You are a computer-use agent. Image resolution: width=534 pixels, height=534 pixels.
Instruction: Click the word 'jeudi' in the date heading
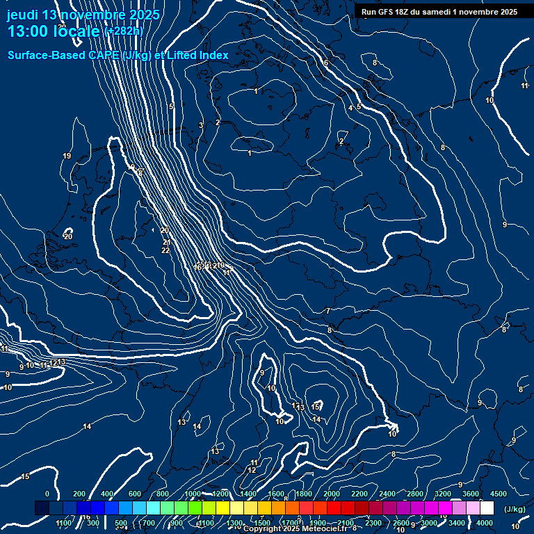(x=22, y=15)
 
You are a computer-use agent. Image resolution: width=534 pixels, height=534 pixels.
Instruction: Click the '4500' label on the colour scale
(x=499, y=494)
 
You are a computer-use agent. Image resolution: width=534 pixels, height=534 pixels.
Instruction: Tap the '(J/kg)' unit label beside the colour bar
(x=515, y=510)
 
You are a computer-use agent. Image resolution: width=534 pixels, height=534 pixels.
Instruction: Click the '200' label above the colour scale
(x=79, y=494)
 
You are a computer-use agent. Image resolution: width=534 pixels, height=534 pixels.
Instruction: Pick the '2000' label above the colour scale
(x=332, y=494)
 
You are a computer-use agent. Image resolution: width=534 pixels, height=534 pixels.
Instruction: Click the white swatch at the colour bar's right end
(x=487, y=508)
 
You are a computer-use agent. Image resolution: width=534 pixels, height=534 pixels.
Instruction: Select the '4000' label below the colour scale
(x=485, y=523)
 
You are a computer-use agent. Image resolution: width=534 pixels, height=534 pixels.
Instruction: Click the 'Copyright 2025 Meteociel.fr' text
(x=295, y=528)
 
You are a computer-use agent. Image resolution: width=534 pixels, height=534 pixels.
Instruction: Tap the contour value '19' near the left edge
(x=67, y=156)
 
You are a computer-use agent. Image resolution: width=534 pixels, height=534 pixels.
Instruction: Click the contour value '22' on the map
(x=165, y=250)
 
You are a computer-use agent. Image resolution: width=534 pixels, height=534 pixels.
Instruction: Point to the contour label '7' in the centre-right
(x=328, y=311)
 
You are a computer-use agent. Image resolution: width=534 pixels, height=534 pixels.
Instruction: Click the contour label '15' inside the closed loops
(x=316, y=406)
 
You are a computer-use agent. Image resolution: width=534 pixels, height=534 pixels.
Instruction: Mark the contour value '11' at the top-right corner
(x=524, y=86)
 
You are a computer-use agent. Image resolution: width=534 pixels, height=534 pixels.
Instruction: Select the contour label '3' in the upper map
(x=200, y=125)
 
